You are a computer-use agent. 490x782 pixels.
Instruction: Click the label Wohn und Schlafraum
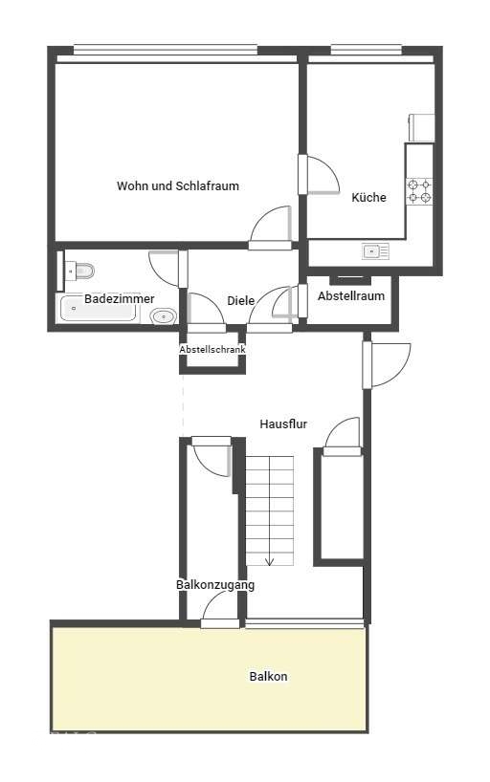click(x=178, y=186)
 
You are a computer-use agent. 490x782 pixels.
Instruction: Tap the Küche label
click(x=368, y=198)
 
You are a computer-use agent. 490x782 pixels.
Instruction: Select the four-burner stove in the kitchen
click(x=418, y=191)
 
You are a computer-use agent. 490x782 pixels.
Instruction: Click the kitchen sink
click(x=375, y=251)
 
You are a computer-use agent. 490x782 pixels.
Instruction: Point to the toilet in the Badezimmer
click(x=80, y=271)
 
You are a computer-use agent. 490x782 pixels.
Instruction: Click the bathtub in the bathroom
click(x=98, y=309)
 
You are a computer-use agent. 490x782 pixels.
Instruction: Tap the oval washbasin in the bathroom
click(x=164, y=316)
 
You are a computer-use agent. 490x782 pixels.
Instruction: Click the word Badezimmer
click(x=120, y=299)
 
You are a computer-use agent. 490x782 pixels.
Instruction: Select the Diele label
click(x=241, y=301)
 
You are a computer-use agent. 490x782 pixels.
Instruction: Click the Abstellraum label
click(x=351, y=295)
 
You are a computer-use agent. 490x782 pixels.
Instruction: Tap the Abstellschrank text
click(x=212, y=350)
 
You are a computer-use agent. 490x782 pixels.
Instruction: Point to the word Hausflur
click(x=283, y=424)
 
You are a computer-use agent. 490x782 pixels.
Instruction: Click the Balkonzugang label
click(x=215, y=585)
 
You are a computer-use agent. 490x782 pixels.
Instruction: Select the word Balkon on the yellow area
click(x=268, y=677)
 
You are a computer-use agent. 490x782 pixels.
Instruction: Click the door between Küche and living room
click(x=319, y=175)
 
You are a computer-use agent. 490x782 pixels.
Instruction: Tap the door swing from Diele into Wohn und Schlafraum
click(x=270, y=228)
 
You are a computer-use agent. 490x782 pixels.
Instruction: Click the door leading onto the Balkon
click(x=220, y=611)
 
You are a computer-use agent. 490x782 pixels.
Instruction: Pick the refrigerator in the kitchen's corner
click(x=421, y=128)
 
